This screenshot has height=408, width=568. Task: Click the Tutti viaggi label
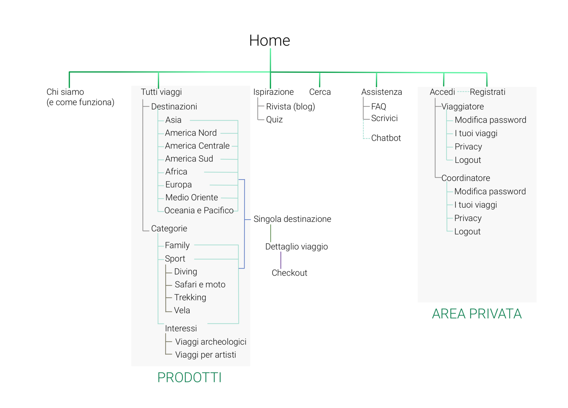pos(161,92)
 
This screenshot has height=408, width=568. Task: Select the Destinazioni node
pos(174,107)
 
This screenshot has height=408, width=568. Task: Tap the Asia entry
pos(173,120)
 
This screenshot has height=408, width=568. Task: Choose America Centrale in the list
pos(197,146)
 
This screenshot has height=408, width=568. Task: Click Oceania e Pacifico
pos(199,210)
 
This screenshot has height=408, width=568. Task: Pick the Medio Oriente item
pos(191,198)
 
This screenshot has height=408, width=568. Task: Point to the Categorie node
pos(169,229)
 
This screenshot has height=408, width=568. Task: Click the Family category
pos(177,245)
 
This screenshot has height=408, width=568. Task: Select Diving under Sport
pos(185,272)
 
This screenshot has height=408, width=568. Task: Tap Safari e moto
pos(200,285)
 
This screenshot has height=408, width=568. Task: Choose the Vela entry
pos(182,310)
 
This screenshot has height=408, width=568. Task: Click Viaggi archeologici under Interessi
pos(211,342)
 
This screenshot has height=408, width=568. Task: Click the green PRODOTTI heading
pos(189,378)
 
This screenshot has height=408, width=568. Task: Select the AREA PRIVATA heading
pos(477,314)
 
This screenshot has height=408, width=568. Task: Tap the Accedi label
pos(442,92)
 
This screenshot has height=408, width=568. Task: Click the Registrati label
pos(487,92)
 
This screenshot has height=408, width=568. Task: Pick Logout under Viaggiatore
pos(468,160)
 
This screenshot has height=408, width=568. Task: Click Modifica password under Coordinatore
pos(490,191)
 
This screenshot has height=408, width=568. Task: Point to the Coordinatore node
pos(466,178)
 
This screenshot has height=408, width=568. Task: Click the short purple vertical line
pos(281,260)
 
